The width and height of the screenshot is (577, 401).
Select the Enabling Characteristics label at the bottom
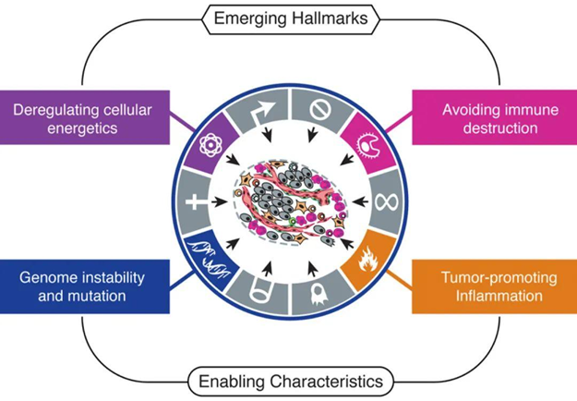[x=288, y=381]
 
